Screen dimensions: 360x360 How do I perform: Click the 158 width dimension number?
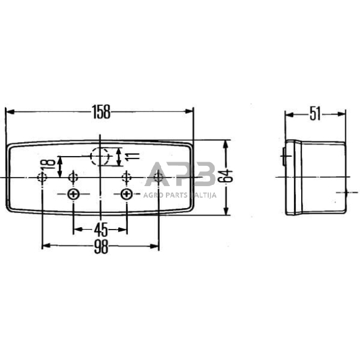(x=101, y=111)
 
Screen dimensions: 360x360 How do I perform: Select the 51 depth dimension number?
(x=315, y=113)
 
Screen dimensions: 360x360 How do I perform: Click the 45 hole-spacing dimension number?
(x=101, y=230)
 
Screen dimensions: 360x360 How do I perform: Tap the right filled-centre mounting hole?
(x=127, y=195)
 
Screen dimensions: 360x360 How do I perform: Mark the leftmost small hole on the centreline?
(x=42, y=178)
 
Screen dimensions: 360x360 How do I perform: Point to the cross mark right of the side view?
(x=347, y=192)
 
